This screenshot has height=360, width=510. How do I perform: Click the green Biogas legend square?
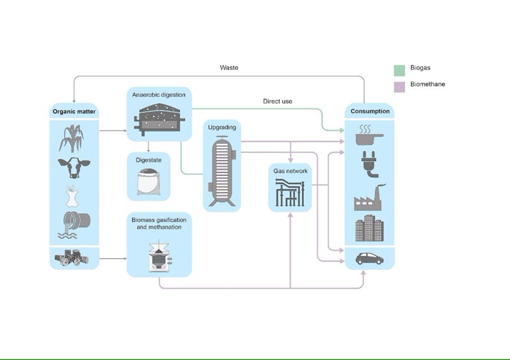point(399,70)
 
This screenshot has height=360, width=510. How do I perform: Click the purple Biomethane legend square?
point(399,86)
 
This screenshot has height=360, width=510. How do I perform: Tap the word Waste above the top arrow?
point(229,67)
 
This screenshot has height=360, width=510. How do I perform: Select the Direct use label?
point(278,101)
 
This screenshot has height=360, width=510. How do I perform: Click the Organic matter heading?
point(74,111)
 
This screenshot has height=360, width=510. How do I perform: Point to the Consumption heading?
point(370,111)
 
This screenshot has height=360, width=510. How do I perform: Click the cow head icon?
point(74,167)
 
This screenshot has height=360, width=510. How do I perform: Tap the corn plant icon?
point(72,138)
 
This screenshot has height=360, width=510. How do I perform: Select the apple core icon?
point(71,196)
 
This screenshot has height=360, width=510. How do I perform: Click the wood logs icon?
point(71,257)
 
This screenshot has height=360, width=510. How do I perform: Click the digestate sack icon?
point(148,182)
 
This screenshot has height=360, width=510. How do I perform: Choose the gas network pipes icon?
point(290,192)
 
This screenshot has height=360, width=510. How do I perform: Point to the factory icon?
point(369,198)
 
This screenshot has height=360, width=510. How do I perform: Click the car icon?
point(369,258)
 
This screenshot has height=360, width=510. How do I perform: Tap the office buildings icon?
point(369,228)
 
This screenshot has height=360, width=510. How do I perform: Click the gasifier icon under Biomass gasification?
point(159,258)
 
